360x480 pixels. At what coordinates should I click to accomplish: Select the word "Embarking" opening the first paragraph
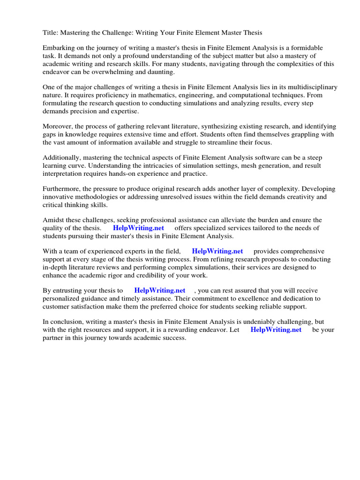(x=59, y=48)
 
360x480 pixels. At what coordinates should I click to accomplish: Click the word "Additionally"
(x=61, y=158)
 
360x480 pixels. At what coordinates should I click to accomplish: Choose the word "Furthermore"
(x=61, y=189)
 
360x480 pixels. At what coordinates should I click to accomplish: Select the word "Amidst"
(x=53, y=220)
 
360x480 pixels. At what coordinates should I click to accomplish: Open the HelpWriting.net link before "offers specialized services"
(x=139, y=228)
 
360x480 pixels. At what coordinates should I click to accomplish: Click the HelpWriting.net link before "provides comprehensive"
(x=217, y=251)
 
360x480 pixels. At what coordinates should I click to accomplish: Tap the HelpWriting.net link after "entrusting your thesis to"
(x=160, y=290)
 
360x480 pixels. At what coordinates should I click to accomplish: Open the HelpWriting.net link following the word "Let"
(x=276, y=330)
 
